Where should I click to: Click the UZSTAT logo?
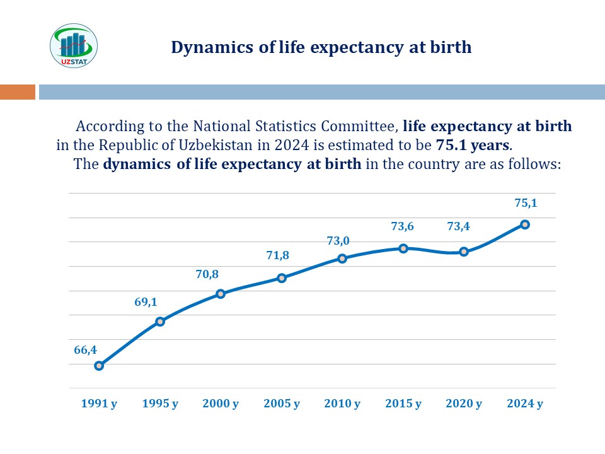point(74,45)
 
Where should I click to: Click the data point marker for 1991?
point(99,366)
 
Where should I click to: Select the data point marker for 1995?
point(160,321)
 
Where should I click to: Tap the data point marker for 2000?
point(221,294)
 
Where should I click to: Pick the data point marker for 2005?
point(282,278)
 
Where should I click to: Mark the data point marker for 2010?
point(342,259)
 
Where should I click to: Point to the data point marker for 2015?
point(403,248)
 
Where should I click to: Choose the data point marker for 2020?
point(464,252)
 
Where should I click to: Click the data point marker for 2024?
point(525,224)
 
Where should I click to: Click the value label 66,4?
point(85,350)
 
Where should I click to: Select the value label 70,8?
point(207,274)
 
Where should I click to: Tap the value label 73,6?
point(403,226)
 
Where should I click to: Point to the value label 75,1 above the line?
point(526,202)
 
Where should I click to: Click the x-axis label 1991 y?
point(99,404)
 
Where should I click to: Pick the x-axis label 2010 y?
point(342,404)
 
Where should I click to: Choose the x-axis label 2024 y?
point(525,404)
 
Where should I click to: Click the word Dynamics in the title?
point(212,48)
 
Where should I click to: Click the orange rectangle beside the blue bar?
point(18,92)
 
